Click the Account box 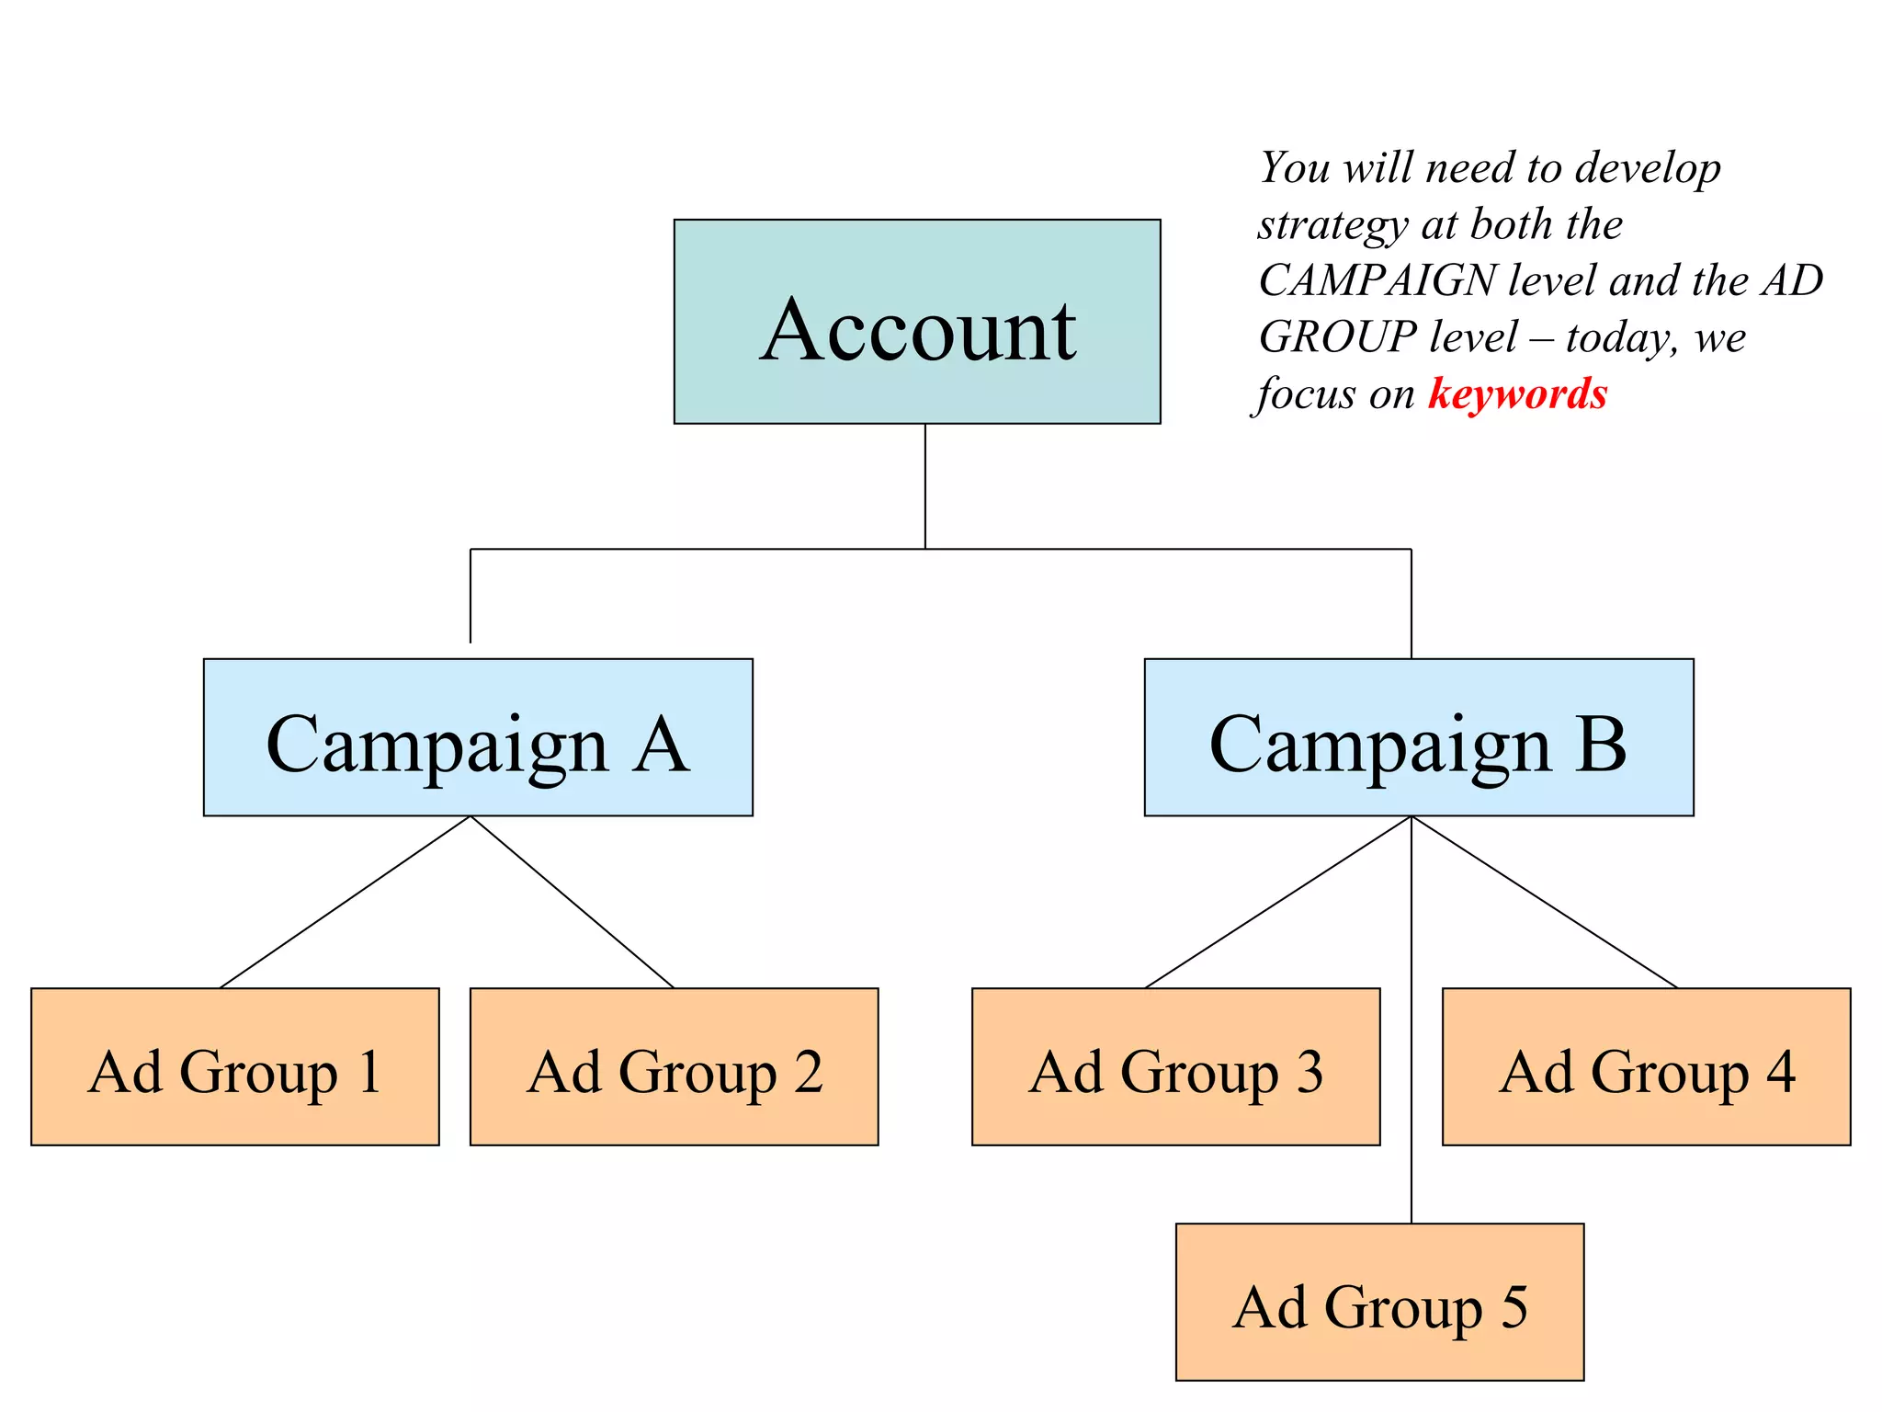(916, 321)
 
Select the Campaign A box (477, 736)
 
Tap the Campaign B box (1418, 736)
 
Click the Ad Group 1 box (234, 1066)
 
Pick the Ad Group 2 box (674, 1066)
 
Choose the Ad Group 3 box (1175, 1066)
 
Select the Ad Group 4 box (1646, 1066)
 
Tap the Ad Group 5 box (1379, 1302)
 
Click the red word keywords (1517, 393)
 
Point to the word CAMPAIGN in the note (1377, 280)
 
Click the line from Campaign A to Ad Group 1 (346, 902)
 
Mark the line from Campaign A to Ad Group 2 (572, 902)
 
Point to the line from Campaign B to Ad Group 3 (1278, 902)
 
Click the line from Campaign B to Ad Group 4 (1545, 902)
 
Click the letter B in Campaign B (1600, 744)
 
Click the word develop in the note (1647, 169)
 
